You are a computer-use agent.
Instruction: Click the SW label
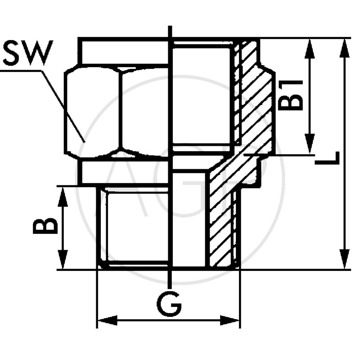point(27,53)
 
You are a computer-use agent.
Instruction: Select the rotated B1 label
point(291,95)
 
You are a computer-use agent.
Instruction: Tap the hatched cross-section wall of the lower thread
point(220,225)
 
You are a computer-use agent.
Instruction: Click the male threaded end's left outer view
point(135,227)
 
